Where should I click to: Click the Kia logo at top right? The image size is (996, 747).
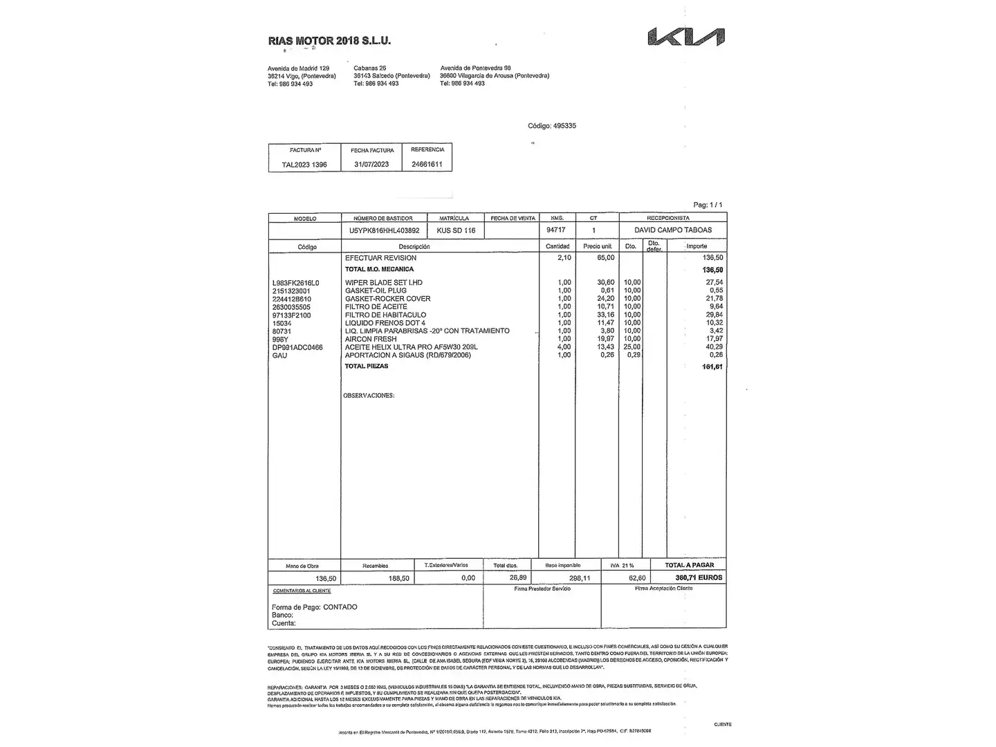(686, 37)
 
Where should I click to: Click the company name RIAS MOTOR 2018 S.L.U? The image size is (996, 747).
(329, 41)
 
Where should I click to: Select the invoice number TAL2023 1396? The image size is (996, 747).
(304, 165)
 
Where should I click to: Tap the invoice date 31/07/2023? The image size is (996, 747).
(371, 165)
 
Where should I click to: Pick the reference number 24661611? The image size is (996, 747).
(427, 164)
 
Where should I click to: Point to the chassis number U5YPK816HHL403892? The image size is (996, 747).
(385, 230)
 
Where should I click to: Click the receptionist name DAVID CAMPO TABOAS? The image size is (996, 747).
(672, 230)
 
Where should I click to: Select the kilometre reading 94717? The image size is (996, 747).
(555, 230)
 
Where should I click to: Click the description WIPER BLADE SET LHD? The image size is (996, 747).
(383, 282)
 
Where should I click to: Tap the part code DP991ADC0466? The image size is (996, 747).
(297, 347)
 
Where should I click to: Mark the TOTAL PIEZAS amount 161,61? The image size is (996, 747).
(712, 367)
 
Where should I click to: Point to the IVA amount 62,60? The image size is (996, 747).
(636, 578)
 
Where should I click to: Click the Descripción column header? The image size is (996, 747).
(414, 247)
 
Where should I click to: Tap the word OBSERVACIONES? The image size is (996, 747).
(369, 396)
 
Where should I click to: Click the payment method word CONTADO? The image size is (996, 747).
(340, 607)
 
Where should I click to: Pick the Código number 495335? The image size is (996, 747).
(564, 126)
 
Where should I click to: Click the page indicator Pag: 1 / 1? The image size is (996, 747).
(708, 205)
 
